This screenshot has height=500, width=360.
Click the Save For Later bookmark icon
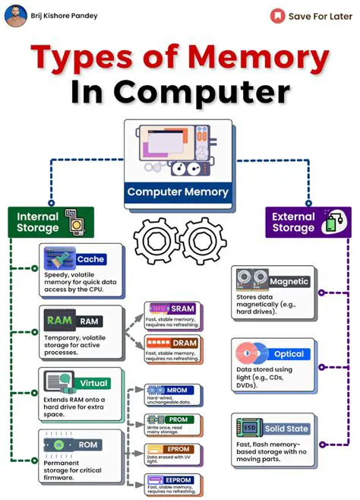click(x=279, y=15)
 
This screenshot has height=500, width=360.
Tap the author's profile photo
click(x=15, y=15)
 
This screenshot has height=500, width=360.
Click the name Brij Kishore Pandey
click(x=65, y=15)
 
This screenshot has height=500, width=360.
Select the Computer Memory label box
click(x=178, y=191)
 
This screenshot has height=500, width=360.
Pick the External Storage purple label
click(x=293, y=222)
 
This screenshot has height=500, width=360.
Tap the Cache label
click(x=90, y=259)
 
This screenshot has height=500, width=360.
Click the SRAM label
click(x=183, y=309)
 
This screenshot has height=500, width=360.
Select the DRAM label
click(x=183, y=343)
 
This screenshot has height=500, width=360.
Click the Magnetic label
click(x=289, y=282)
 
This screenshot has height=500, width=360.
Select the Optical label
click(x=289, y=354)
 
